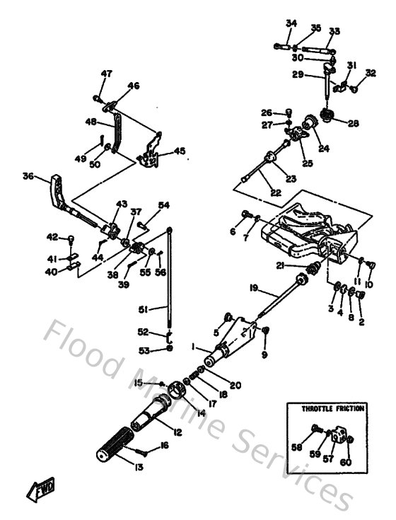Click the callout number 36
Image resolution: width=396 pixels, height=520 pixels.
point(28,176)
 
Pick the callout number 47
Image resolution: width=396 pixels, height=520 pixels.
point(107,74)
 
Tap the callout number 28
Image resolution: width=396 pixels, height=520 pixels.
point(353,123)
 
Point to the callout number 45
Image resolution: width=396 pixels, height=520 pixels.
point(180,151)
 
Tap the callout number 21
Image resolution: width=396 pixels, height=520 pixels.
point(280,265)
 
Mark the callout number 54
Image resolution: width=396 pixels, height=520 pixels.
point(164,205)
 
